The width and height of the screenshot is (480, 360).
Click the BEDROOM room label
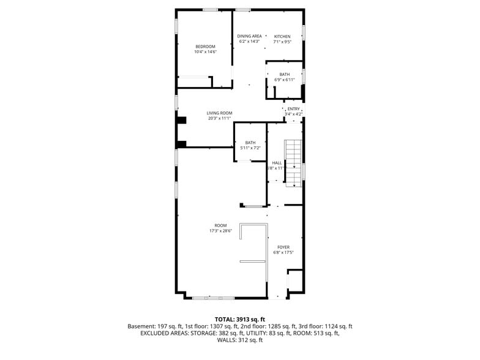(205, 47)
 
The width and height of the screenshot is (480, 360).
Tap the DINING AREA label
(250, 36)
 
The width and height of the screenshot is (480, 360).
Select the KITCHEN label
(282, 36)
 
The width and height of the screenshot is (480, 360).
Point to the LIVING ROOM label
(219, 113)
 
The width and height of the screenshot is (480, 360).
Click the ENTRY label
(294, 109)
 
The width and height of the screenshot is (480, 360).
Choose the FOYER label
(283, 247)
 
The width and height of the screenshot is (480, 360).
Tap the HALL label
(277, 162)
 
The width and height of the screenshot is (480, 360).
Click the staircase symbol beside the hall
(294, 162)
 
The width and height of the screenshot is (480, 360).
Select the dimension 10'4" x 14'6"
(205, 52)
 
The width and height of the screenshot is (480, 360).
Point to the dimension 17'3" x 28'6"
(220, 231)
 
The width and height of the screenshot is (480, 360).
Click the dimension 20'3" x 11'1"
(219, 118)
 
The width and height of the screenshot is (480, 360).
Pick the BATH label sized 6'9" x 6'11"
(285, 74)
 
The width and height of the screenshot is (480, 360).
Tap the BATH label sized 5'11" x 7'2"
(250, 143)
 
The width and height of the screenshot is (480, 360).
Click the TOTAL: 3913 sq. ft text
(239, 320)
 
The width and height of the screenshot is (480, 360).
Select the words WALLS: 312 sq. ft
(239, 340)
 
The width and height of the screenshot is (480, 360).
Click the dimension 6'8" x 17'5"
(283, 253)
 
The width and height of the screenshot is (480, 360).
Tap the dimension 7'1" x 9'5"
(282, 42)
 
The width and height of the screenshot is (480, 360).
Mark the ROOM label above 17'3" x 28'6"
(220, 225)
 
